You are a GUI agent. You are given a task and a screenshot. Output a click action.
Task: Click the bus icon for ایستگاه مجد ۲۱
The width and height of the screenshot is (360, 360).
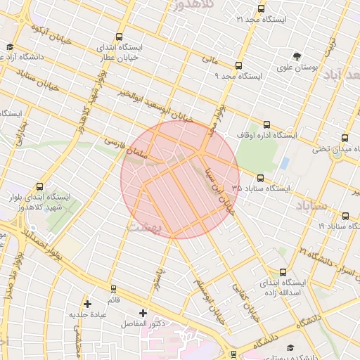(x=262, y=9)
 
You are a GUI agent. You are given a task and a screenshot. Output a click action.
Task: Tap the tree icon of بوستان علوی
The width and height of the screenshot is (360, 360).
(x=299, y=56)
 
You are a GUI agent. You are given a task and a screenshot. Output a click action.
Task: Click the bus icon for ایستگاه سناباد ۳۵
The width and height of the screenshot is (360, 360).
(x=261, y=179)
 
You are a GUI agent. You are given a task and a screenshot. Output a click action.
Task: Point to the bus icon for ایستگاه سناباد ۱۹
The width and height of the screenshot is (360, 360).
(x=345, y=216)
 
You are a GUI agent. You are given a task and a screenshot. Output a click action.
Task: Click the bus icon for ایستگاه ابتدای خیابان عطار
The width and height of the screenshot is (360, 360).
(x=119, y=37)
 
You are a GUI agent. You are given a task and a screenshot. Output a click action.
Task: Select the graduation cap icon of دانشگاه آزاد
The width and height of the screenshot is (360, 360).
(x=9, y=47)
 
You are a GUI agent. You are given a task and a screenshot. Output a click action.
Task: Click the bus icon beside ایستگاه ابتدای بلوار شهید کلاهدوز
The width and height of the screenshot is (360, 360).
(x=39, y=187)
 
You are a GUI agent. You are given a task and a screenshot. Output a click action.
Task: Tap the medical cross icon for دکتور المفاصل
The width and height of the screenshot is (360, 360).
(x=143, y=312)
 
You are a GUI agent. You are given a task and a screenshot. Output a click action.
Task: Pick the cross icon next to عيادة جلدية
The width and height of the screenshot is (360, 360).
(x=87, y=304)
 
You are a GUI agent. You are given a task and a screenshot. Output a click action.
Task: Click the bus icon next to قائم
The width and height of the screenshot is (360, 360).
(x=115, y=289)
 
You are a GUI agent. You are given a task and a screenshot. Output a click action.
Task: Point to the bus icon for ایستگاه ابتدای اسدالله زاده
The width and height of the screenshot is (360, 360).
(x=283, y=272)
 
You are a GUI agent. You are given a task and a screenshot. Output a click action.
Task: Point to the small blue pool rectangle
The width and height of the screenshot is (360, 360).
(x=284, y=162)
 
